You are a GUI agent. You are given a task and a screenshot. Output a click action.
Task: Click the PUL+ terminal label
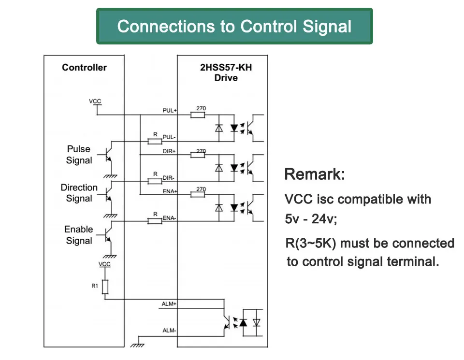pos(170,110)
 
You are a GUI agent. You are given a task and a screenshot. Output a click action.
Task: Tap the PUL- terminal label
pos(169,137)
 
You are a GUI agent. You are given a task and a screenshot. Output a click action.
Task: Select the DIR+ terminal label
pos(169,151)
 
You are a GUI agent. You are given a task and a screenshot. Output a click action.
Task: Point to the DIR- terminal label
pos(168,178)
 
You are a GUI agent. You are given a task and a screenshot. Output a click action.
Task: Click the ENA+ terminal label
pos(170,191)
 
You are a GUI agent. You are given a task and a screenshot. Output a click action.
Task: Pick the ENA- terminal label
pos(169,218)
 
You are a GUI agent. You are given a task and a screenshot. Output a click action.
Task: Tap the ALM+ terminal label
pos(169,304)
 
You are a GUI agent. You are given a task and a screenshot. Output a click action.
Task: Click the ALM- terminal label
pos(169,331)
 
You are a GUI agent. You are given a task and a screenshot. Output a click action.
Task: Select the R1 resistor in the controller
pos(105,287)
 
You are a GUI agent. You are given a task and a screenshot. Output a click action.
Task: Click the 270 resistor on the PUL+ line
pos(198,115)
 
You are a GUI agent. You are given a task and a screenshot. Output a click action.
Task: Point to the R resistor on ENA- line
pos(155,221)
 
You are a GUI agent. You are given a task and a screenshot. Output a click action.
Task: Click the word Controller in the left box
pos(84,68)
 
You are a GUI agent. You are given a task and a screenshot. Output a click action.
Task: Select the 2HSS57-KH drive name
pos(226,68)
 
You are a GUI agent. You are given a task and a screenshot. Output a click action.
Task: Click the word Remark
pos(315,174)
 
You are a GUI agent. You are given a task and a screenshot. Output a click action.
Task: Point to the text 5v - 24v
pos(311,219)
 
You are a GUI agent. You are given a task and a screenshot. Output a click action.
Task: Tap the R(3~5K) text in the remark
pos(311,244)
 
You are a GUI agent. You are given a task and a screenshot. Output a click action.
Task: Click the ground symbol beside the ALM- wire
pos(137,345)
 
